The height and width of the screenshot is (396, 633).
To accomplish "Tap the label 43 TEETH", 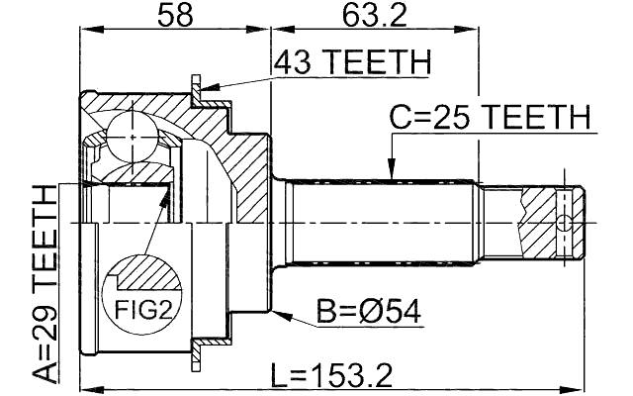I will click(x=353, y=63).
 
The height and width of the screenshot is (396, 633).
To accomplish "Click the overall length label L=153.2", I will click(x=333, y=375).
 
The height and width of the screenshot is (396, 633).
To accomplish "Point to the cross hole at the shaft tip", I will click(x=564, y=222).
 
